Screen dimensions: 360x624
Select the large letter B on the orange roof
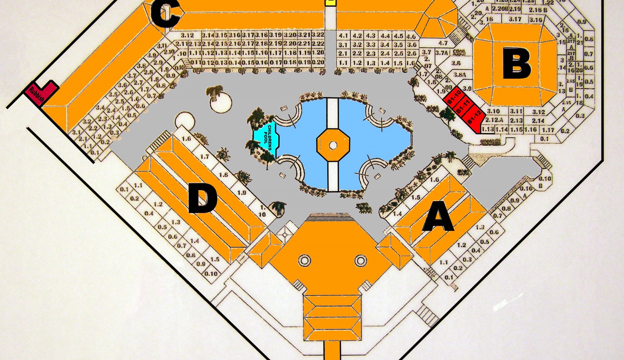coord(516,63)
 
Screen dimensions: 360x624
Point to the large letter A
coord(439,218)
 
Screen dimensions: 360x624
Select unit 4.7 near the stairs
coord(443,43)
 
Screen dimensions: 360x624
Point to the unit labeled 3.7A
coord(441,52)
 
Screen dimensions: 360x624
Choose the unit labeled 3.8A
coord(460,74)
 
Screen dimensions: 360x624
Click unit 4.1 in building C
coord(343,36)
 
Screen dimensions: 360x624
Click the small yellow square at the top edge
coord(330,2)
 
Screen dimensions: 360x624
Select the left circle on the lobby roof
coord(304,261)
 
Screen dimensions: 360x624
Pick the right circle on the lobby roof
coord(360,261)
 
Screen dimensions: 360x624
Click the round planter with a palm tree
coord(220,102)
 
